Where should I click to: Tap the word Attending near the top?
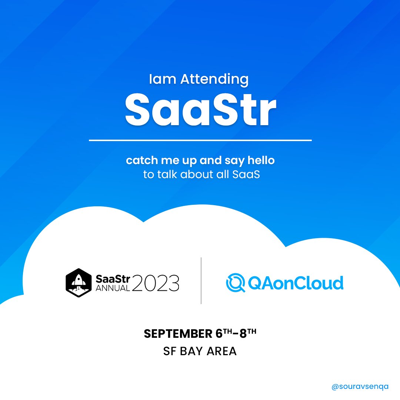214,79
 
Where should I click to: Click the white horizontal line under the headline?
200,140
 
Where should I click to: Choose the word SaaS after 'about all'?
246,174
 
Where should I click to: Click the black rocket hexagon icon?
78,283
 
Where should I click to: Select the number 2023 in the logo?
155,283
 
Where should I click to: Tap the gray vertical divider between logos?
201,281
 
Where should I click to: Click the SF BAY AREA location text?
200,351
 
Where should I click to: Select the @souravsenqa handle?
360,386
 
